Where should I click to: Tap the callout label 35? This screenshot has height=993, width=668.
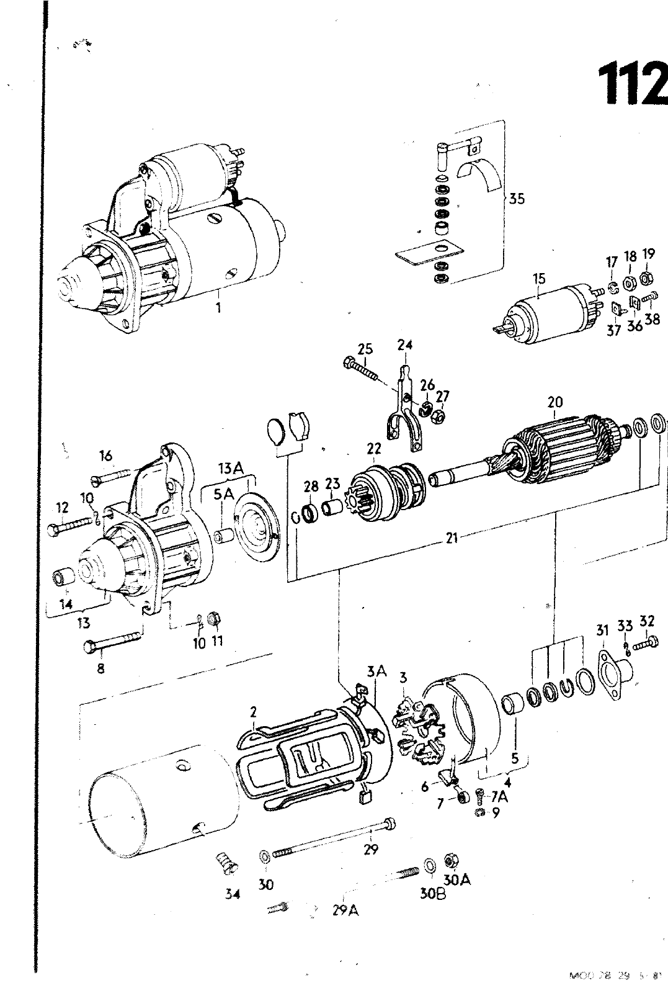(516, 199)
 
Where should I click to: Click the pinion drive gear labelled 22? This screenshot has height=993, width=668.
(385, 487)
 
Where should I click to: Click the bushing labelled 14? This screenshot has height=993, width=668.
(63, 578)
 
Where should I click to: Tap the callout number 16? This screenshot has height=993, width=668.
(106, 456)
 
